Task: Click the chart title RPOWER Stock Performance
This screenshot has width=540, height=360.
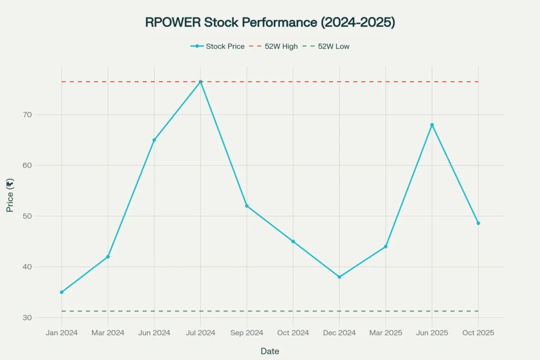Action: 269,22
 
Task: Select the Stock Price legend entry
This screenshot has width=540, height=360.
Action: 218,46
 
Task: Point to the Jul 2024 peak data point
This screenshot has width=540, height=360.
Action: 200,82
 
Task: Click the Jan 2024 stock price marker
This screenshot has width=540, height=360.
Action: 62,292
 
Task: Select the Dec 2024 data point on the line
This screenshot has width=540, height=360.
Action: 339,277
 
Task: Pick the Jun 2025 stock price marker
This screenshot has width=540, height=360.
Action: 432,125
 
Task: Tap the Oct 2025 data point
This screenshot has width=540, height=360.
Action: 478,223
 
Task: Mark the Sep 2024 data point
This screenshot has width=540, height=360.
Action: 247,206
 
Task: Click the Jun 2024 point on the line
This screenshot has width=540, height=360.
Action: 154,140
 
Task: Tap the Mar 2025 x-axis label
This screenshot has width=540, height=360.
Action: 385,333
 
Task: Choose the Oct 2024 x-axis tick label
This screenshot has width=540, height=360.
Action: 293,333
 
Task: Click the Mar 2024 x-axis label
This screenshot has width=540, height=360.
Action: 108,333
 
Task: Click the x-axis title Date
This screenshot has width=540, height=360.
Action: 269,351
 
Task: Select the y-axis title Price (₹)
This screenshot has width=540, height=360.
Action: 10,196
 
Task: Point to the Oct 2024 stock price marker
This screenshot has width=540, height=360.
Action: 293,241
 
